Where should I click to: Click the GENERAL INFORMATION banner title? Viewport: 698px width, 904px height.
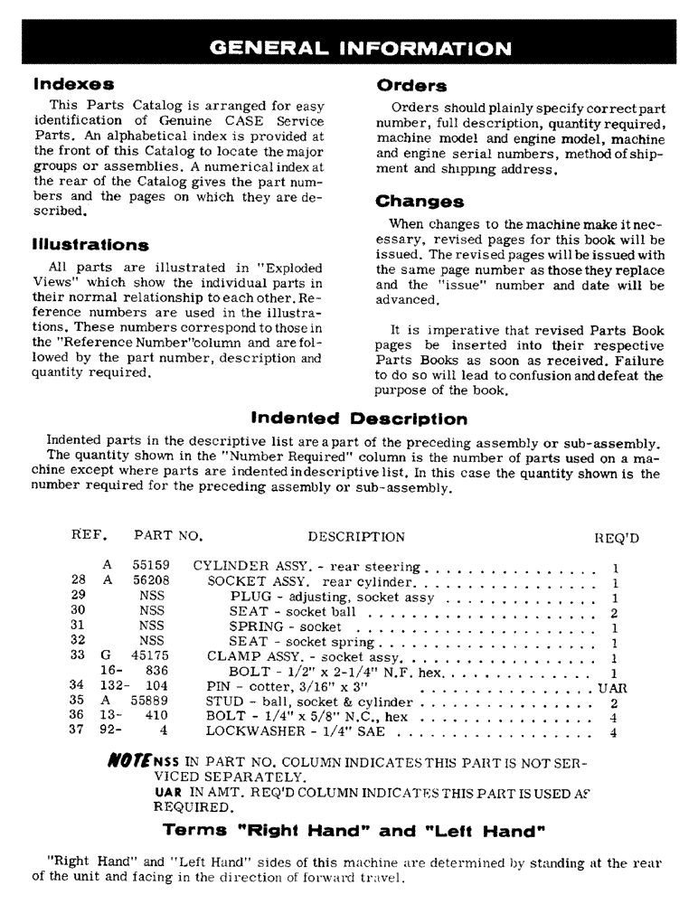click(359, 47)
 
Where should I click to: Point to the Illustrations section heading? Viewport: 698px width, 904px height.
click(90, 245)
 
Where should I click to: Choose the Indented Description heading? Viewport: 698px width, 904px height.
click(358, 419)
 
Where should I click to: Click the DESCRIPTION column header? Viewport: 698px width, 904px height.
click(356, 537)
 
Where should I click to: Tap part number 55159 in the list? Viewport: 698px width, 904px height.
click(151, 566)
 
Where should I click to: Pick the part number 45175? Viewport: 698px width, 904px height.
click(151, 656)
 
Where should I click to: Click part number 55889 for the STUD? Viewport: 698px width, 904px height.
click(151, 702)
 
